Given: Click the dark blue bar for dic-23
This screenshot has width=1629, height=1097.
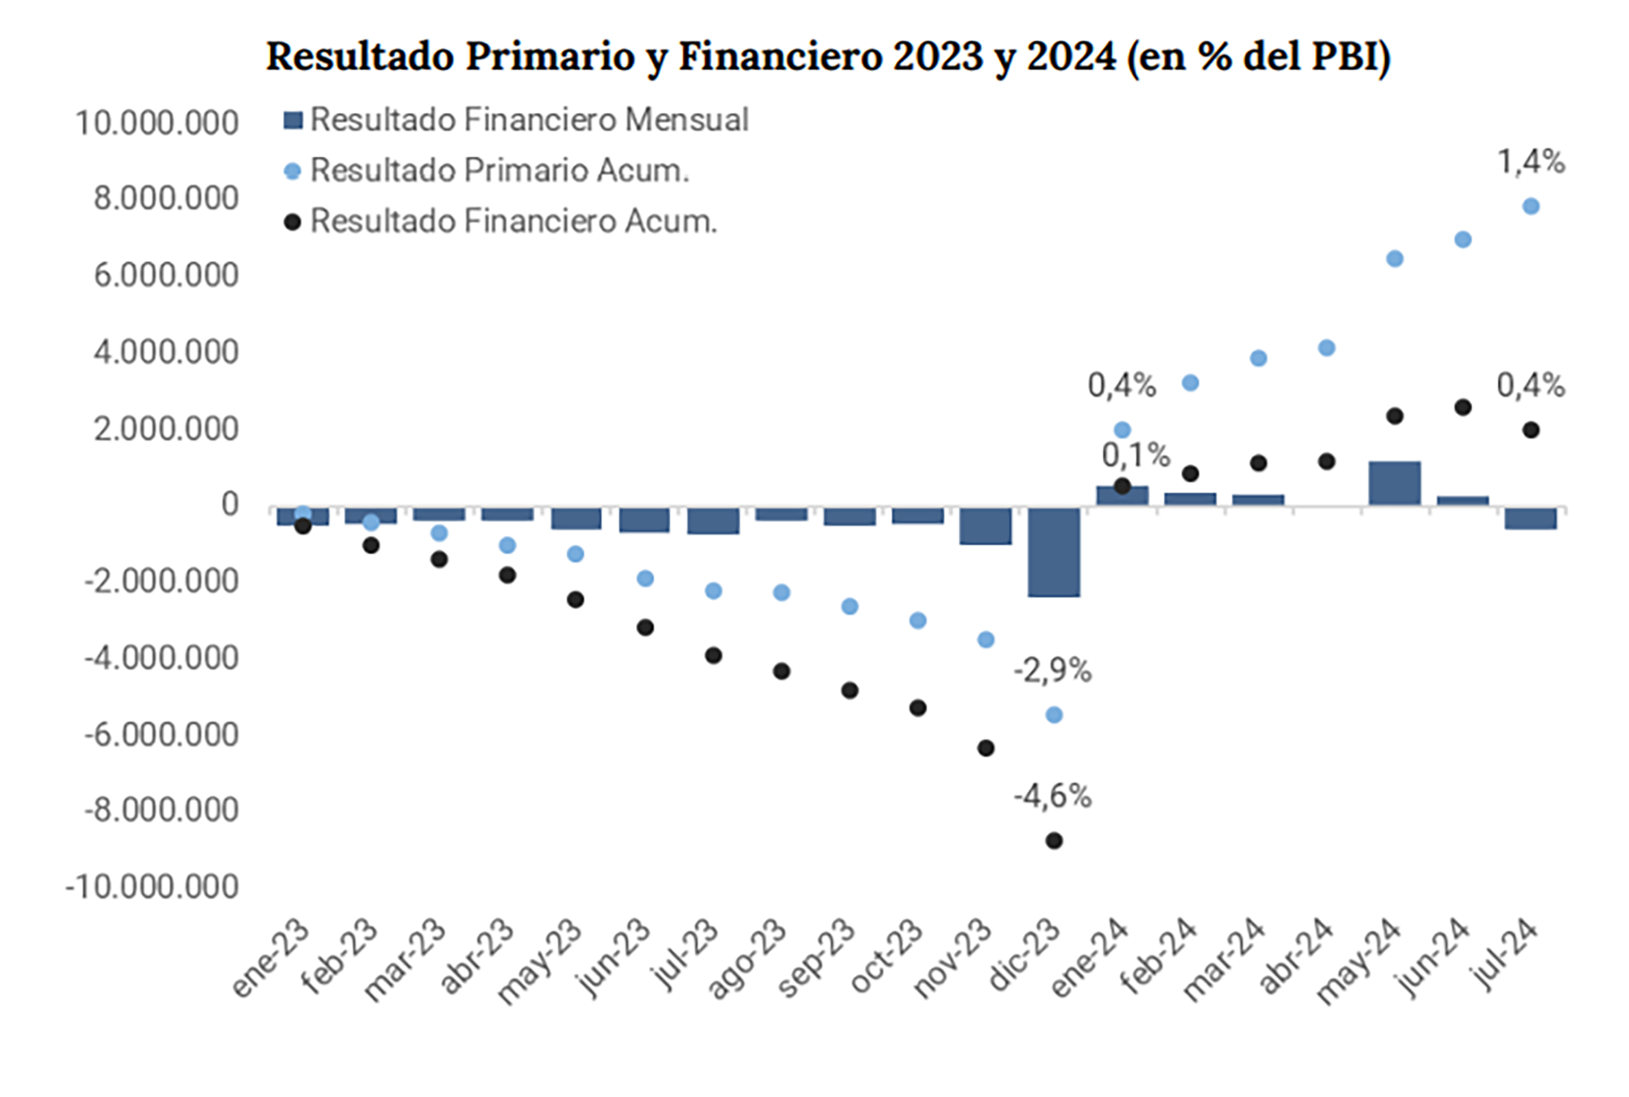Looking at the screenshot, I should pos(1054,551).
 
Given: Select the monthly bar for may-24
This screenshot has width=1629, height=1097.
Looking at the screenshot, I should pos(1395,484).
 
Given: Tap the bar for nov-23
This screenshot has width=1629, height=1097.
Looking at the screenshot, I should pos(985,526).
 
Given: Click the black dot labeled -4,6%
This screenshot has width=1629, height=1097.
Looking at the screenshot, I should pos(1054,841).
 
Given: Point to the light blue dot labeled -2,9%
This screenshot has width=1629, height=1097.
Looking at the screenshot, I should pos(1054,715).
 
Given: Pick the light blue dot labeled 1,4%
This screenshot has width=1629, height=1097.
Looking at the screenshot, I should pos(1531,206).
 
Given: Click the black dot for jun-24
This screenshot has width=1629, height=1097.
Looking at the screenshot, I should pos(1463,407).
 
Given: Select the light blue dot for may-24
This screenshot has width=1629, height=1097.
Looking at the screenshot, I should pos(1395,259).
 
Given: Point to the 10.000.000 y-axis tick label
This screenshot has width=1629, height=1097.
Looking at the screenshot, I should pos(157,123).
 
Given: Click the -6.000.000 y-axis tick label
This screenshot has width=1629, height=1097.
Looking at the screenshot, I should pos(161,735).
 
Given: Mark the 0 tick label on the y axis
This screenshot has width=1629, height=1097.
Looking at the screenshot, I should pos(230,505).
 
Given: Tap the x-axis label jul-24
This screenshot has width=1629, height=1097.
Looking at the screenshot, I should pos(1505,954).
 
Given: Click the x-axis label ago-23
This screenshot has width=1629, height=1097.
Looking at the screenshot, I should pos(747,959).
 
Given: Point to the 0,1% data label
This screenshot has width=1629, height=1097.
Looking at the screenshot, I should pos(1135,456).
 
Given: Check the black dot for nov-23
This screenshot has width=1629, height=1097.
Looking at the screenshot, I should pos(986,748).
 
